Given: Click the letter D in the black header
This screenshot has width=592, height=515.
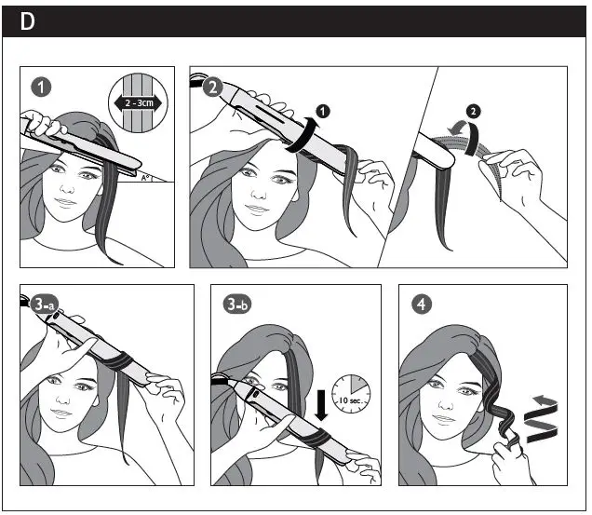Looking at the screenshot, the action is (x=27, y=21).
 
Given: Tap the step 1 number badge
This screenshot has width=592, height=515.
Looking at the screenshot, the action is (x=41, y=88).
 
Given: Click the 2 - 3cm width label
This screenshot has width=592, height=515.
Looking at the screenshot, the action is (x=139, y=102).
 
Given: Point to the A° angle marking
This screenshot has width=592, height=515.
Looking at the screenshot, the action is (x=145, y=178).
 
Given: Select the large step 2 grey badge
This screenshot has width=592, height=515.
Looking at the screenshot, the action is (x=213, y=88).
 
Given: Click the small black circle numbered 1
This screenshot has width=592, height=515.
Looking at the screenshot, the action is (x=322, y=112).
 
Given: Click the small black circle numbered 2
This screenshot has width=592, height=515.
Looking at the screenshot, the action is (x=474, y=112).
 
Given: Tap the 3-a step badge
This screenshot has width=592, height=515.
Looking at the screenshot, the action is (x=44, y=305).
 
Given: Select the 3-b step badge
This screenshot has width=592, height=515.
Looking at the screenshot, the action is (x=237, y=305).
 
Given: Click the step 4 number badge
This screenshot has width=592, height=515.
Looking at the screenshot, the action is (x=422, y=305).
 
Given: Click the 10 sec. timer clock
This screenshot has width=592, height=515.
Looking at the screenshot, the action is (x=351, y=394).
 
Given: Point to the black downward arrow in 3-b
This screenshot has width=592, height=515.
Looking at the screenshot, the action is (x=321, y=405).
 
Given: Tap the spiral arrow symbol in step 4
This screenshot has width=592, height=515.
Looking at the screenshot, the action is (x=543, y=419).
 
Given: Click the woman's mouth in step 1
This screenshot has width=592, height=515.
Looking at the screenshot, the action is (x=65, y=202).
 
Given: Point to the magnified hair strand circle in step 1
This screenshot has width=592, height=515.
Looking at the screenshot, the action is (x=138, y=102).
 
